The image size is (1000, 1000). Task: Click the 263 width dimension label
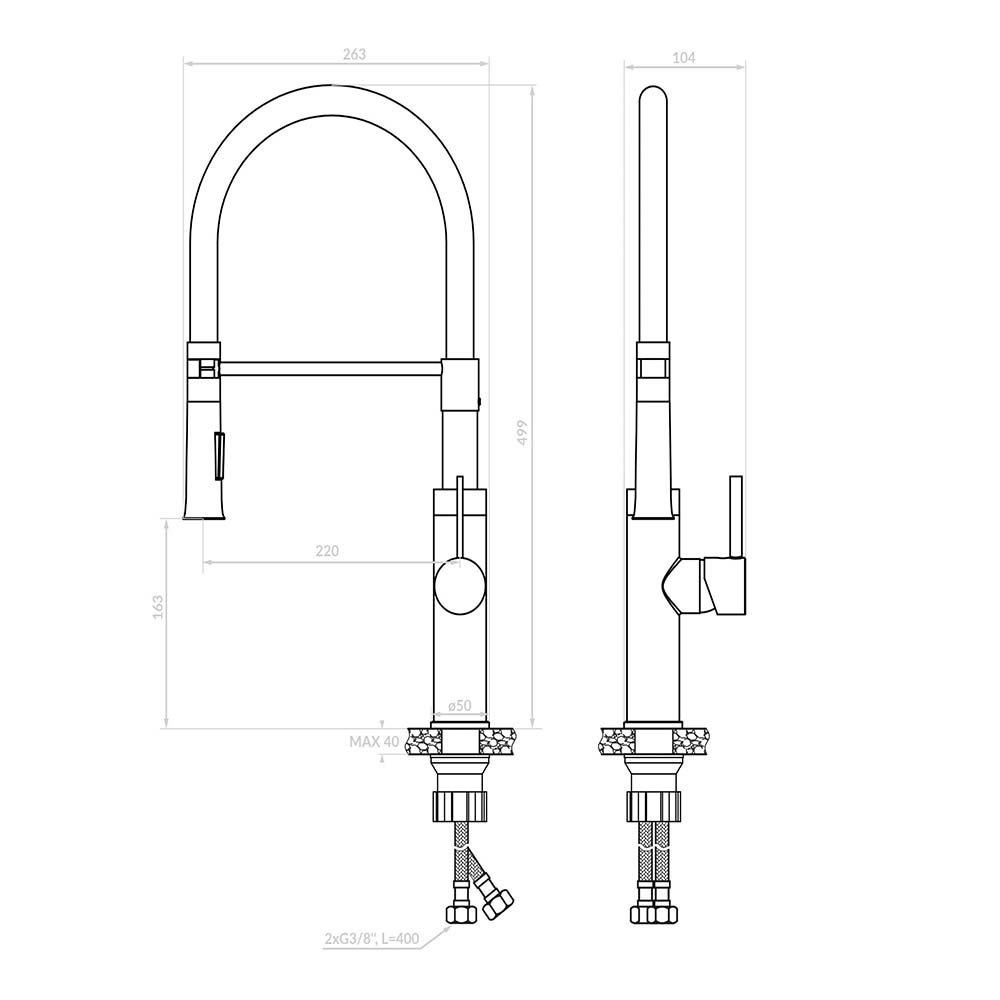pos(355,54)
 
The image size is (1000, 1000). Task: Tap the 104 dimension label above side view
pos(684,57)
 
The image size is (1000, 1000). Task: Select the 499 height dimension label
pos(522,432)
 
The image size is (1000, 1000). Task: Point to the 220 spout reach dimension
pos(327,550)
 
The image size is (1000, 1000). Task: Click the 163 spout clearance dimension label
pos(158,607)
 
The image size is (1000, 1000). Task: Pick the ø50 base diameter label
pos(459,705)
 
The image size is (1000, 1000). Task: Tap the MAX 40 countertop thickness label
pos(374,742)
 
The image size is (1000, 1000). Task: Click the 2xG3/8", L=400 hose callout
pos(371,939)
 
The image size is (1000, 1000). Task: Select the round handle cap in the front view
pos(459,585)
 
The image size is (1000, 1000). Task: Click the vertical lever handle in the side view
pos(736,517)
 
